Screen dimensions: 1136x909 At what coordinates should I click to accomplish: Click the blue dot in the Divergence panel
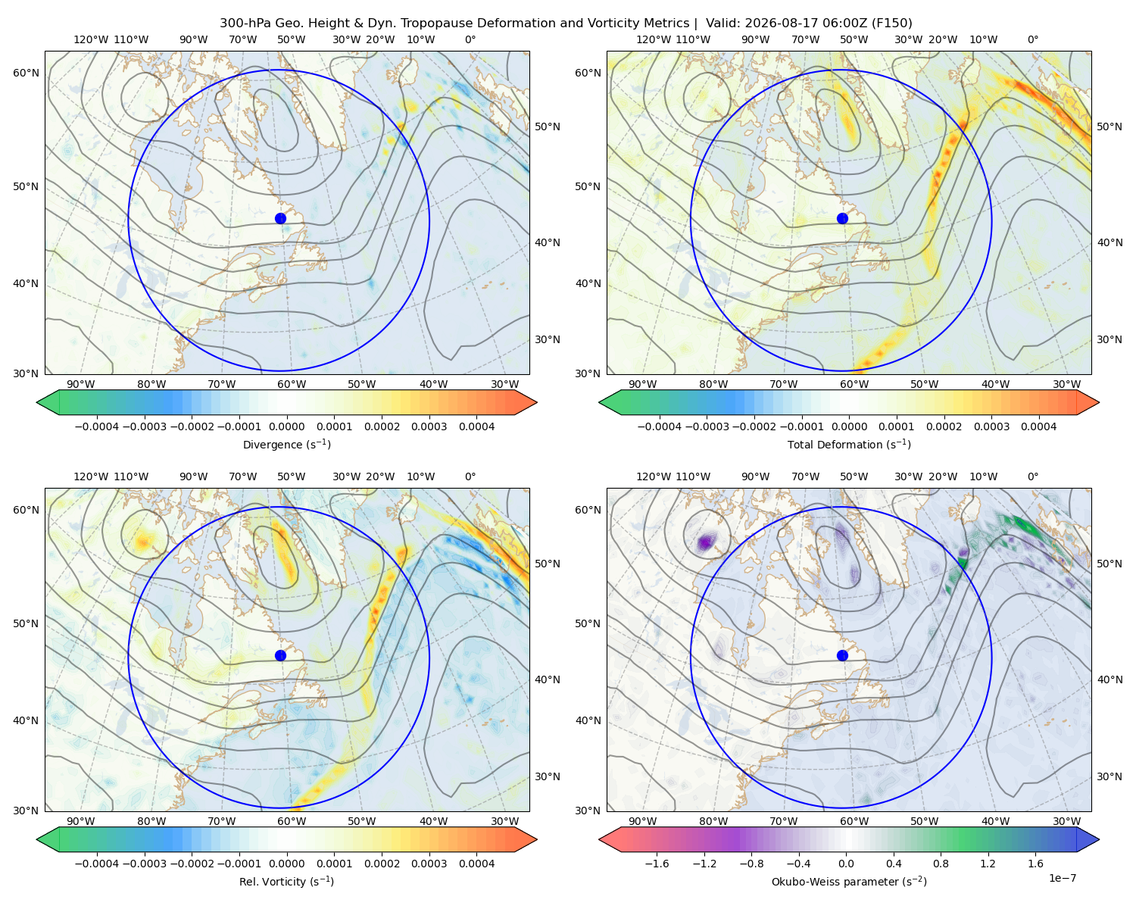280,218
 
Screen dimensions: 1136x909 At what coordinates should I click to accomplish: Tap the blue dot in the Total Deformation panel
842,218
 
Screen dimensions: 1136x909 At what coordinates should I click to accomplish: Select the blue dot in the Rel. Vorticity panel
280,655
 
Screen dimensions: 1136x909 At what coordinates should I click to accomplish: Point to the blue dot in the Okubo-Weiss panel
842,655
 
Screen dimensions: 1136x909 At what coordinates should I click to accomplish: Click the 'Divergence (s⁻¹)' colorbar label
286,444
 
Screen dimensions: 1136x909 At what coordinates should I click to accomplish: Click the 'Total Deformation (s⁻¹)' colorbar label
849,444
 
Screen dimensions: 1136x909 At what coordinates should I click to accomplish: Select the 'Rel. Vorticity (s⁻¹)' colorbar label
286,881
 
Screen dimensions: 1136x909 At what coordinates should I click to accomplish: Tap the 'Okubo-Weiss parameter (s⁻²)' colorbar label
849,881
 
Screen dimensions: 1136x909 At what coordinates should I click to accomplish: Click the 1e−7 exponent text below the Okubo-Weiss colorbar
1062,878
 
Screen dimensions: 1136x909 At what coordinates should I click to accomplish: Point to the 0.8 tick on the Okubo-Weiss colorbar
941,863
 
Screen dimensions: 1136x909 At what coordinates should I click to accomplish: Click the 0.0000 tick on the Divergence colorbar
286,426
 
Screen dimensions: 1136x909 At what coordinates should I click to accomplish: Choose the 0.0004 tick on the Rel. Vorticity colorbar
476,863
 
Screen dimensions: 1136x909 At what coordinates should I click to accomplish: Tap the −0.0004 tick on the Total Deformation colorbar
660,426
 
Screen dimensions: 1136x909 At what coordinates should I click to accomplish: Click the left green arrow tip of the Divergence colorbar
37,402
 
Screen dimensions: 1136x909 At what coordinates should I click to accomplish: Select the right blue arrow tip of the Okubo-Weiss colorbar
1098,839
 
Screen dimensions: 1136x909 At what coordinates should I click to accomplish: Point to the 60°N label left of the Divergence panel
26,73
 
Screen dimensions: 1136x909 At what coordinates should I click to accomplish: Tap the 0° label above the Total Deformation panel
1032,39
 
